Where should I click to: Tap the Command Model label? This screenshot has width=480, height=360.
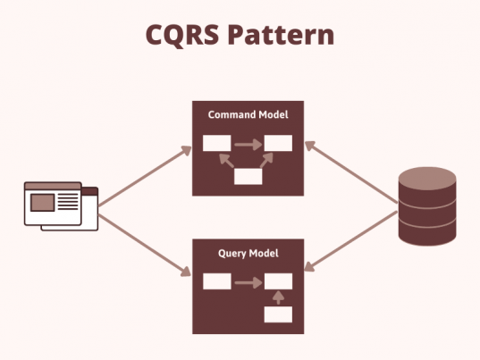[x=248, y=114]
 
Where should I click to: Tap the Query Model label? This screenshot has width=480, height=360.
[x=248, y=253]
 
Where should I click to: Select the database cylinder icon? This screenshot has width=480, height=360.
[x=426, y=206]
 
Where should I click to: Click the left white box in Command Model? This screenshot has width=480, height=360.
[x=216, y=143]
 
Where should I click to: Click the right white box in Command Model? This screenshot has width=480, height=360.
[x=278, y=143]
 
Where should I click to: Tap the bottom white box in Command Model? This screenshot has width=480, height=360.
[x=248, y=176]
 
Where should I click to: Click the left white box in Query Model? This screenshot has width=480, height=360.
[x=216, y=282]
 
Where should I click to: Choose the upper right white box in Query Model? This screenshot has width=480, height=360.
[x=278, y=282]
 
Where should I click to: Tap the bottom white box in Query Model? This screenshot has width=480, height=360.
[x=278, y=314]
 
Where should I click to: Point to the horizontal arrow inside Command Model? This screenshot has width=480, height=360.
[x=248, y=143]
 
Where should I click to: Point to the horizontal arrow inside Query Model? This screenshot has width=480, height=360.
[x=248, y=282]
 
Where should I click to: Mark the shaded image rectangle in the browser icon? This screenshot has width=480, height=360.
[x=42, y=203]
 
